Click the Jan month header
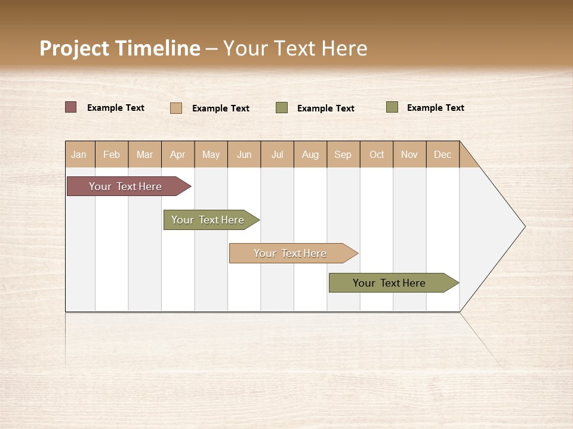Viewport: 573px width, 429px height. (x=79, y=154)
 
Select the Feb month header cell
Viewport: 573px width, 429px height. (x=112, y=154)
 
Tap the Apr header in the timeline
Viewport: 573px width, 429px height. (x=178, y=154)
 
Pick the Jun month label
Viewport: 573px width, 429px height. (x=244, y=154)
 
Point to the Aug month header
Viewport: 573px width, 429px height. (x=310, y=154)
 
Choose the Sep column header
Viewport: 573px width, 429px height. (x=343, y=154)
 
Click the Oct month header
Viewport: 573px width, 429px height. (x=377, y=154)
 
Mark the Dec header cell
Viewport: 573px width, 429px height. (x=443, y=154)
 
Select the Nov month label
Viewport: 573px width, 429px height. (x=409, y=154)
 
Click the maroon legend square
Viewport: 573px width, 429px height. (x=71, y=107)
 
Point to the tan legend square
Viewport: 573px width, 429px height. (x=176, y=108)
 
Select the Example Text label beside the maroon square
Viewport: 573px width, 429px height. (x=116, y=108)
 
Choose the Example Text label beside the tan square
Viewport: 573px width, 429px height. (x=221, y=108)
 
